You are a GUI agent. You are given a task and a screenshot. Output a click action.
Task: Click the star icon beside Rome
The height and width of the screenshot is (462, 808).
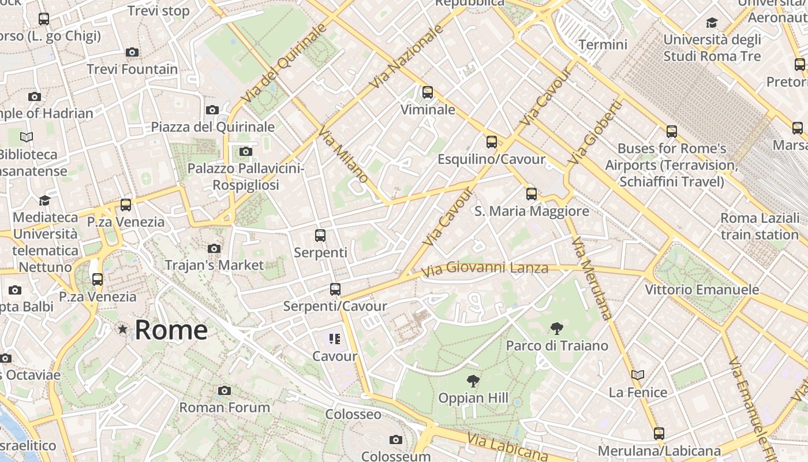click(x=122, y=329)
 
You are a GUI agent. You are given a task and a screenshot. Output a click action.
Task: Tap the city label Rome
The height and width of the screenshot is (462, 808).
click(x=171, y=330)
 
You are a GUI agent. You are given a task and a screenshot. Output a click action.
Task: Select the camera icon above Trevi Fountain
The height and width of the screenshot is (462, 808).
click(x=132, y=53)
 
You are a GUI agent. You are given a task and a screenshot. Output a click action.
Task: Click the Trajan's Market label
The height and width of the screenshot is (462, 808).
click(x=214, y=265)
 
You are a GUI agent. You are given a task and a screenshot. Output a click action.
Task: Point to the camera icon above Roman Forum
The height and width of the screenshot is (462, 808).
click(x=225, y=391)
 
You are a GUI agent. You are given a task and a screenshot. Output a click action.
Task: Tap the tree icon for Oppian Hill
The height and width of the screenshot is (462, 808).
click(x=473, y=381)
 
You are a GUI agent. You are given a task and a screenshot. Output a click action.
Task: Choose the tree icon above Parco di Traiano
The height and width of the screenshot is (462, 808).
click(x=557, y=329)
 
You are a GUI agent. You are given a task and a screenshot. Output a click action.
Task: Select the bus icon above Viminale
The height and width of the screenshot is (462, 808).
click(x=428, y=92)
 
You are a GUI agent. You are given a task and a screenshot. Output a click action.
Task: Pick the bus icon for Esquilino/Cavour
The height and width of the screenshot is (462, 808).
click(x=492, y=142)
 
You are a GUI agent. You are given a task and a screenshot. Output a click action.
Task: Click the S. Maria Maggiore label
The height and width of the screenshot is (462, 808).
click(x=532, y=211)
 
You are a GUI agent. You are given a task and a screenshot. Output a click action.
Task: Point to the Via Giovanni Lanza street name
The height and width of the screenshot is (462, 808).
click(x=485, y=268)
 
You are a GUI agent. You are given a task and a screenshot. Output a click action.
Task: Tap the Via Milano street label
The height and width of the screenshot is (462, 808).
click(x=343, y=154)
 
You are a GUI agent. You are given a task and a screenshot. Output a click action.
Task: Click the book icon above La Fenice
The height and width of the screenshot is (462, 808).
click(x=638, y=375)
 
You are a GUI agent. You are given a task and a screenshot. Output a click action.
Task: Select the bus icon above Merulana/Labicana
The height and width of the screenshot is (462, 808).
click(x=659, y=433)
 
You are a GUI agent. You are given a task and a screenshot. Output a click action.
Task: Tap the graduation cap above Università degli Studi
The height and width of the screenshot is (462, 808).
click(x=712, y=23)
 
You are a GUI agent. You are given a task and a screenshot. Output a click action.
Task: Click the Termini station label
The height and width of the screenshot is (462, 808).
click(x=603, y=44)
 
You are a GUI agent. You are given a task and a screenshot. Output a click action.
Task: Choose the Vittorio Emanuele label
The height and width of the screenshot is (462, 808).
click(x=702, y=289)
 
